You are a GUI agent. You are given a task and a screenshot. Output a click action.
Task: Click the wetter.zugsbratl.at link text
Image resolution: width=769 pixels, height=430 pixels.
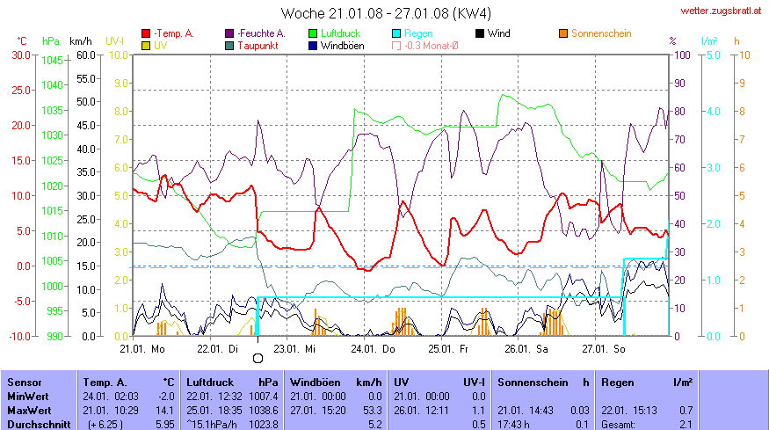coord(720,11)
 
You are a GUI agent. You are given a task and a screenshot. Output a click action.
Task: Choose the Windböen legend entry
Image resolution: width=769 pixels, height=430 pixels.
coord(348,45)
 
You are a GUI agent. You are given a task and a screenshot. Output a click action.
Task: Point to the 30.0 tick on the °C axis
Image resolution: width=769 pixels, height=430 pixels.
coord(20,55)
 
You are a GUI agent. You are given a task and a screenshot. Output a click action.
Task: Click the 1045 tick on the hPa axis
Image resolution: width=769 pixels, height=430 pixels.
coord(53,61)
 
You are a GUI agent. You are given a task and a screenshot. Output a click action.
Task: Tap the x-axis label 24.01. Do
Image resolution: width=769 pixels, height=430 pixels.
coord(367,348)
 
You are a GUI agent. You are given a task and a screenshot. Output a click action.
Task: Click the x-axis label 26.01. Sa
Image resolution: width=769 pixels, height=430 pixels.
coord(520,348)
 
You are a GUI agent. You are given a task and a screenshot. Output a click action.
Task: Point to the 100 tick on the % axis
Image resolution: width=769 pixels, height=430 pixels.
coord(681,55)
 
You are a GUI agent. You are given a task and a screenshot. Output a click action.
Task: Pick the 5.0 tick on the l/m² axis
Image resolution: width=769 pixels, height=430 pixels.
coord(714,55)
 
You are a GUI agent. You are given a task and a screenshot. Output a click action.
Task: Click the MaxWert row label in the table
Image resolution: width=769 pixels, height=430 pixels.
coord(29,410)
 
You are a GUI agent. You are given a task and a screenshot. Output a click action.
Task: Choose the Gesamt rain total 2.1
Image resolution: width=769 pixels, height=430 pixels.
coord(686,424)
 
